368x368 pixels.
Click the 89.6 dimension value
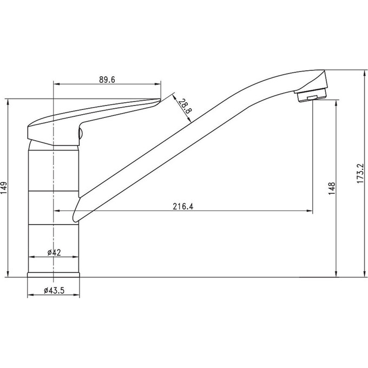(x=107, y=80)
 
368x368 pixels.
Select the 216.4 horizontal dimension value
(x=183, y=207)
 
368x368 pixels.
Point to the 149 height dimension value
(x=4, y=188)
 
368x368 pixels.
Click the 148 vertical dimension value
(x=332, y=188)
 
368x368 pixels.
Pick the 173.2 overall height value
(x=360, y=174)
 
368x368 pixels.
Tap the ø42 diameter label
(x=54, y=253)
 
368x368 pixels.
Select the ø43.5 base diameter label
(x=54, y=291)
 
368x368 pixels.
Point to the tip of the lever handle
(x=160, y=100)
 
